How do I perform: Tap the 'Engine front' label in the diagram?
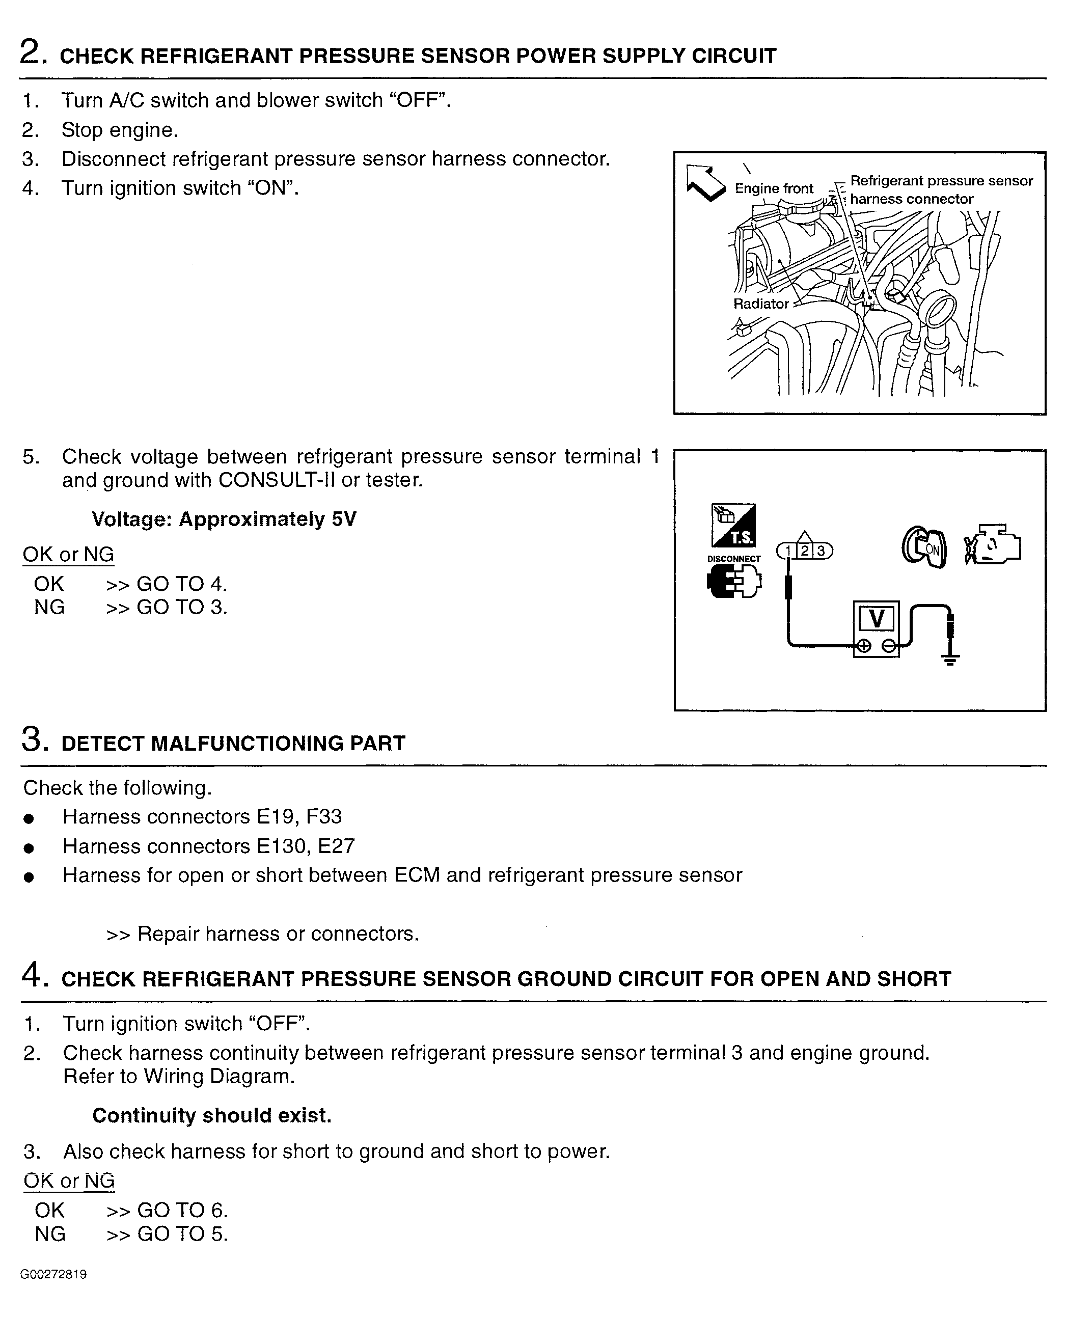tap(774, 188)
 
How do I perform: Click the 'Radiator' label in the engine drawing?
tap(761, 304)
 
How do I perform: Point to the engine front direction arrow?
tap(705, 182)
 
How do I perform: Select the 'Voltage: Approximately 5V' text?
tap(224, 519)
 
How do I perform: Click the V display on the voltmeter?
tap(876, 618)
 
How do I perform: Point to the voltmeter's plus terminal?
tap(864, 645)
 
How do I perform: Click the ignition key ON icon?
tap(924, 546)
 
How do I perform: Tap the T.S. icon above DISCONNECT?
tap(734, 526)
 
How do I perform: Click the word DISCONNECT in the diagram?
tap(734, 559)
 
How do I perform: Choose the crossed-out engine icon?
tap(992, 544)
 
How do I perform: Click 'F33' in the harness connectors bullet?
tap(323, 816)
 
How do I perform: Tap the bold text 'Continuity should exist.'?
tap(212, 1115)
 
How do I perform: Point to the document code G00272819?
tap(53, 1274)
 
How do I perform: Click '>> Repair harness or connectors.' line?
tap(263, 934)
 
